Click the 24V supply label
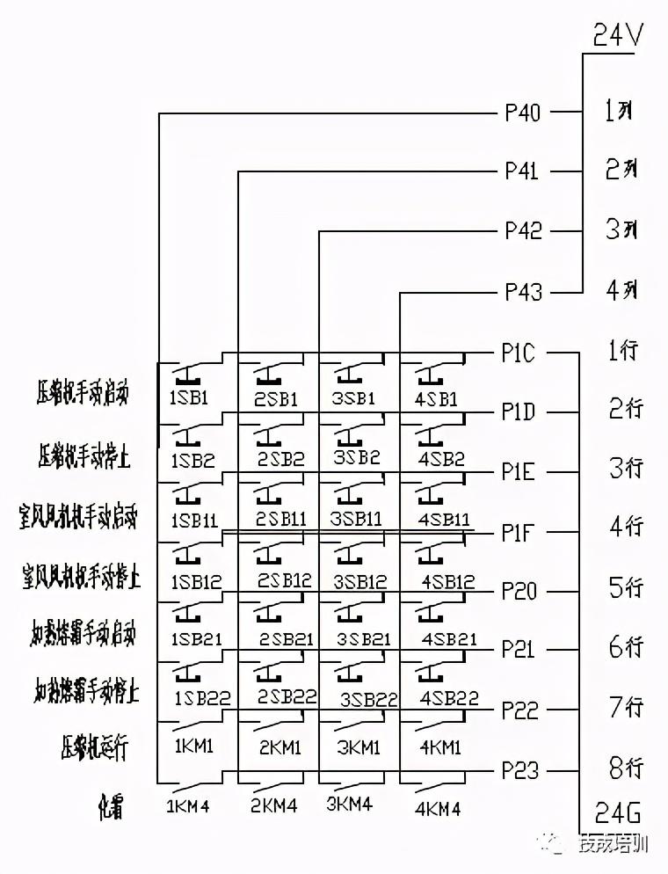pyautogui.click(x=619, y=36)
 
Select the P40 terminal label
pyautogui.click(x=522, y=113)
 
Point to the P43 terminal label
pyautogui.click(x=522, y=292)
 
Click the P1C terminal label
pyautogui.click(x=518, y=353)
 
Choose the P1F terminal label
pyautogui.click(x=518, y=533)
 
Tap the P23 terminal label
pyautogui.click(x=519, y=771)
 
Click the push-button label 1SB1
pyautogui.click(x=190, y=397)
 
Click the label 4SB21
pyautogui.click(x=449, y=639)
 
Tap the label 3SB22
pyautogui.click(x=369, y=700)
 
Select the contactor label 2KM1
pyautogui.click(x=280, y=747)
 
